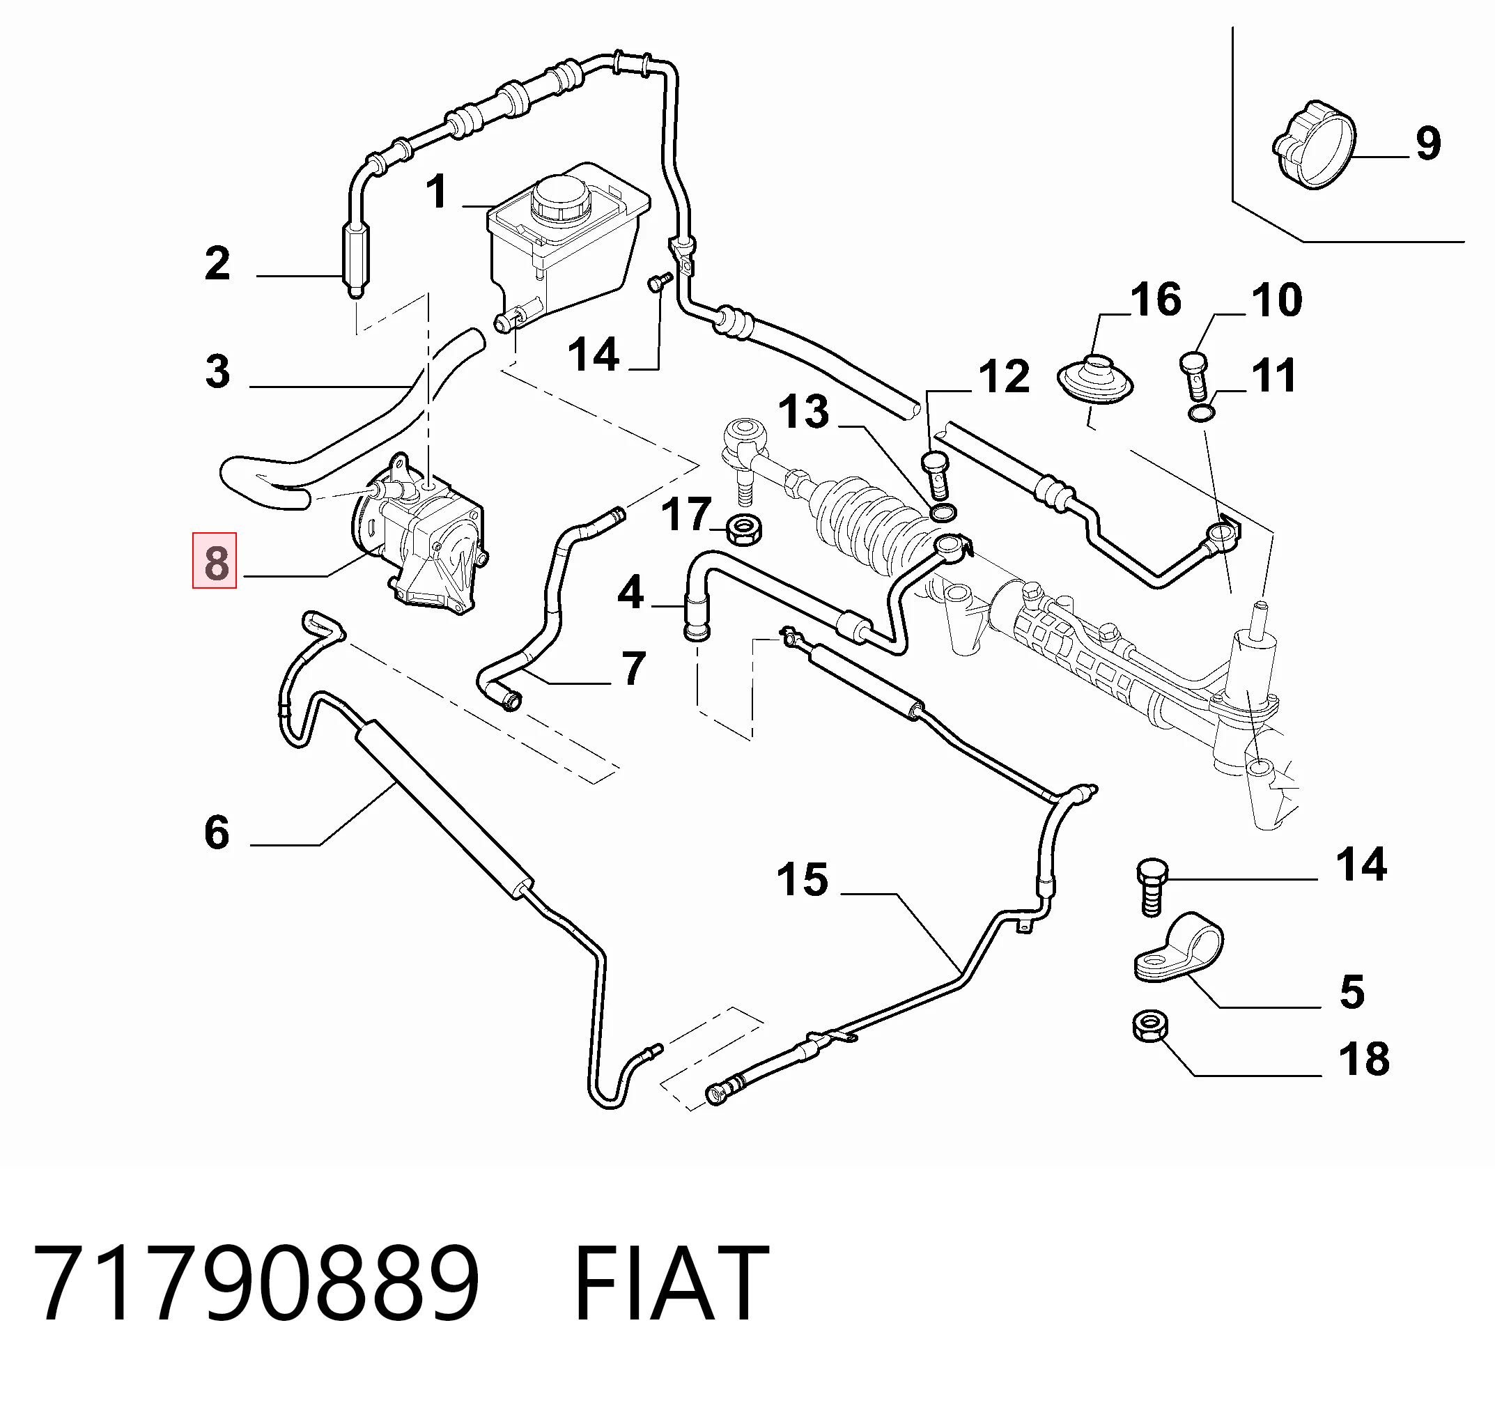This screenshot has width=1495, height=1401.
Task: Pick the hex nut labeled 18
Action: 1149,1026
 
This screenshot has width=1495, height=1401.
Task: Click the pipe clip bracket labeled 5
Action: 1177,949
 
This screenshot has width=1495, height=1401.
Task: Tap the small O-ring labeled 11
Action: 1201,412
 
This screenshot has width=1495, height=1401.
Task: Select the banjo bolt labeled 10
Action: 1192,376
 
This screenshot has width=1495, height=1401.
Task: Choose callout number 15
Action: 803,879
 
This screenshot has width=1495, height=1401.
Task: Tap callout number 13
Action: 804,412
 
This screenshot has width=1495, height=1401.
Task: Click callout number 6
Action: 217,833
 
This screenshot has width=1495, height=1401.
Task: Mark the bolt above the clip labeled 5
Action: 1151,888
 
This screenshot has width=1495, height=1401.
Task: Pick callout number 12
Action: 1004,377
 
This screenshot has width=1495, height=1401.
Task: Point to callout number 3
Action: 217,371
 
